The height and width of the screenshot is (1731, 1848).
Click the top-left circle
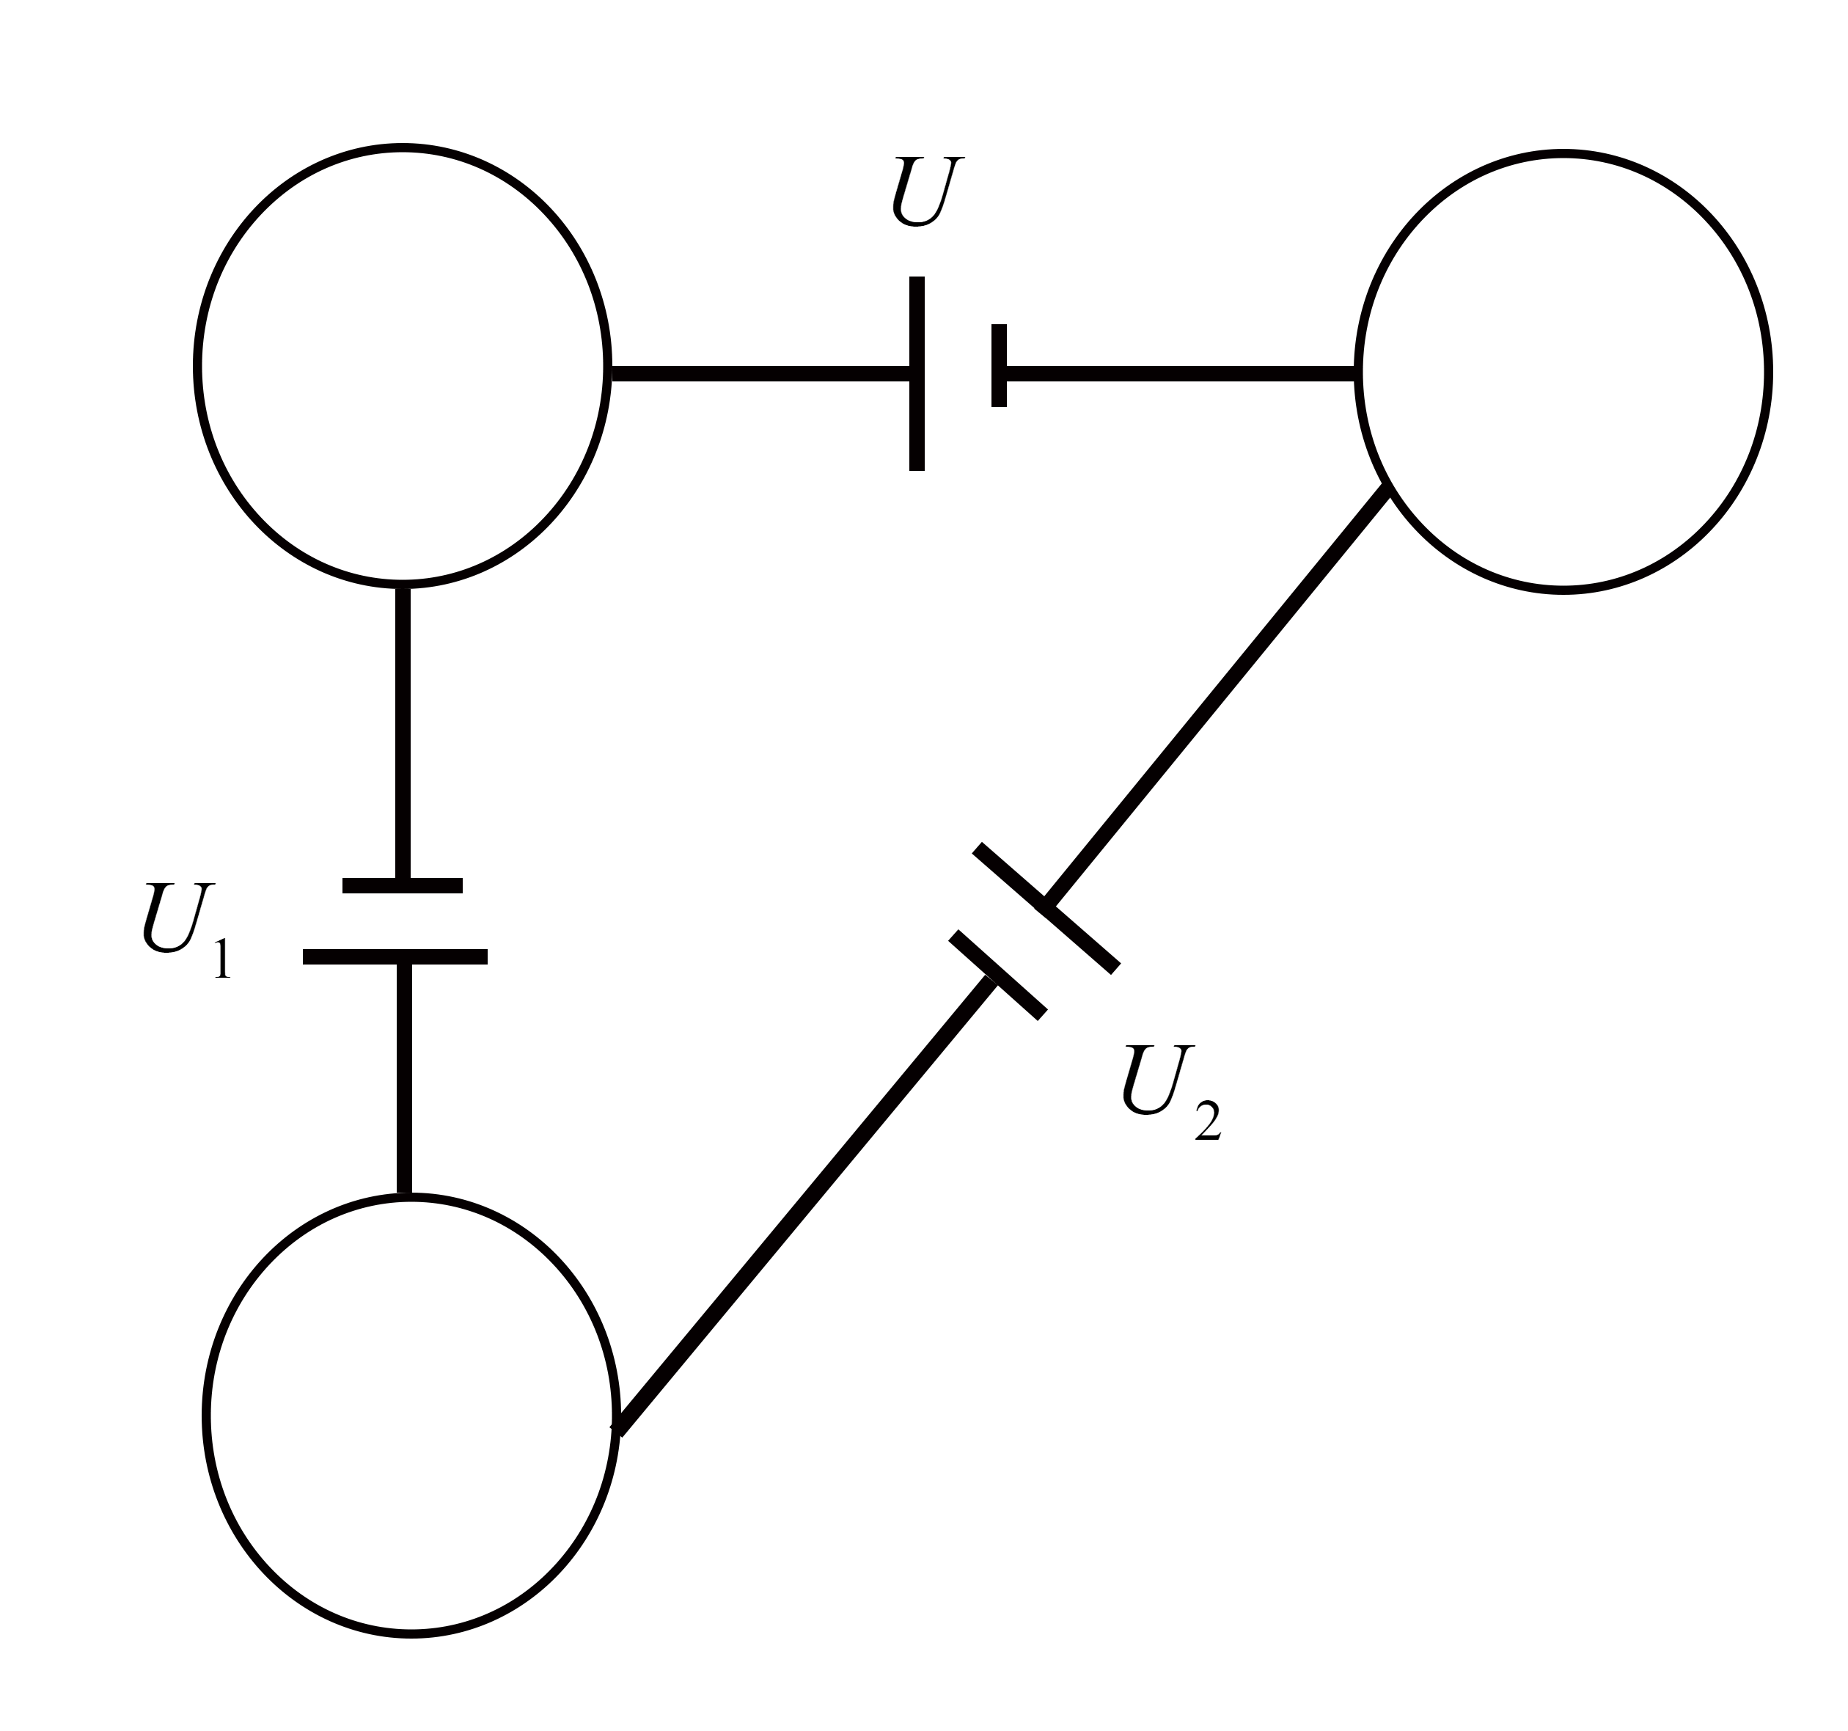pyautogui.click(x=403, y=365)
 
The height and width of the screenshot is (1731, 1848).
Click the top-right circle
pyautogui.click(x=1563, y=371)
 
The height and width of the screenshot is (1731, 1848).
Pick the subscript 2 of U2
pyautogui.click(x=1206, y=1122)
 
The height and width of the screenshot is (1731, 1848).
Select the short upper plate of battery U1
pyautogui.click(x=403, y=885)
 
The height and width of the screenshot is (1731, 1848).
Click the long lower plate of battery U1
pyautogui.click(x=395, y=956)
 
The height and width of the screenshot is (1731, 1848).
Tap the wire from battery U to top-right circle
pyautogui.click(x=1181, y=374)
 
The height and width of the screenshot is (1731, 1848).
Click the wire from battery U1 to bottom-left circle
pyautogui.click(x=403, y=1078)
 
